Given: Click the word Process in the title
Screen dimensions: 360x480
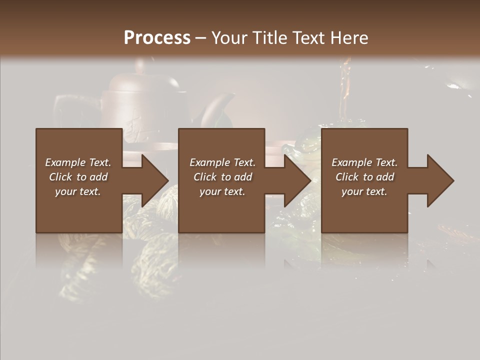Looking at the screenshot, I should coord(157,37).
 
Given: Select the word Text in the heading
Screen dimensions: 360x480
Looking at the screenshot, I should coord(307,37).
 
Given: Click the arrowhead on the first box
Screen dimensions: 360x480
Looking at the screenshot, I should coord(152,180).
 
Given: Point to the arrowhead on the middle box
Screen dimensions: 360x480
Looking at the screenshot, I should coord(295,180).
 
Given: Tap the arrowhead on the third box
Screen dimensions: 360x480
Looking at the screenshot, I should coord(438,180).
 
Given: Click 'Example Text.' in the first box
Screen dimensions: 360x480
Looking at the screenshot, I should coord(78,162).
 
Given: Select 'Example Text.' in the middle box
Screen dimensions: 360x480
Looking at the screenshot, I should coord(222,162).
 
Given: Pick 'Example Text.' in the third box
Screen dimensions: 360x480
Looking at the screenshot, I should coord(364,162).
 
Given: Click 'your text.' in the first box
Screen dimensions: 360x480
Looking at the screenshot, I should coord(78,191).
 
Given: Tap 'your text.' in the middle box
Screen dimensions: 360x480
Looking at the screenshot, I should coord(222,191).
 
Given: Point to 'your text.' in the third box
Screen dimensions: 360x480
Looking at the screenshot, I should coord(364,191).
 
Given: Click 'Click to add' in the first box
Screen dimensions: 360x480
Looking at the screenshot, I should coord(78,177).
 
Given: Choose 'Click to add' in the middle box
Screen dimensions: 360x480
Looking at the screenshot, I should coord(222,177).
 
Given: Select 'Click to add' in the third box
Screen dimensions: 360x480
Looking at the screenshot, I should coord(364,177).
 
